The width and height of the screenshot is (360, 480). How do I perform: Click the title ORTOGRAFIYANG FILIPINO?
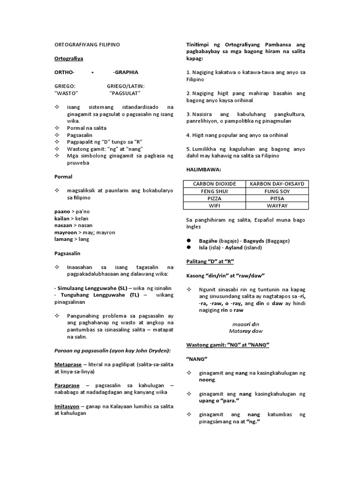click(87, 45)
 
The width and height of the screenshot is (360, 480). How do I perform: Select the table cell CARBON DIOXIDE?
click(214, 184)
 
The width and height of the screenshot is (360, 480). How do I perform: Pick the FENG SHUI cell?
click(214, 191)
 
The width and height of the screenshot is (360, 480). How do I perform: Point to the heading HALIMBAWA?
click(203, 169)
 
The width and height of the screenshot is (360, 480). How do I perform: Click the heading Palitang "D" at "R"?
click(210, 261)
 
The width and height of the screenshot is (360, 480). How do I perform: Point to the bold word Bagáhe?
click(208, 240)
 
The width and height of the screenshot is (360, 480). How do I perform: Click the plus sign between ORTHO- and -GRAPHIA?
click(92, 73)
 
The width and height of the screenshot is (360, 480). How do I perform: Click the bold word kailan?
click(62, 218)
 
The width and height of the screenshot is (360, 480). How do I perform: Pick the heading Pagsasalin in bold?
click(67, 253)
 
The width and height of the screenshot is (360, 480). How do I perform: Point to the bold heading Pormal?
click(63, 177)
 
